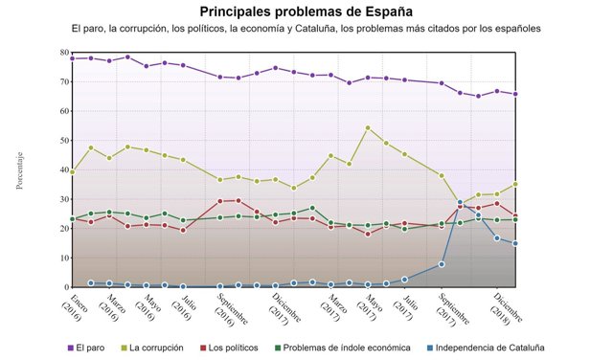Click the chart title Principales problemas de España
(x=306, y=11)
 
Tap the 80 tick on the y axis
(x=63, y=53)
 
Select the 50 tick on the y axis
(x=63, y=141)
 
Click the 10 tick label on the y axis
(x=63, y=259)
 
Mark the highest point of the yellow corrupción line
(x=368, y=127)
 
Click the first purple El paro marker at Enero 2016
(x=73, y=58)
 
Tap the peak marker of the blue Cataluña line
(x=461, y=202)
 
